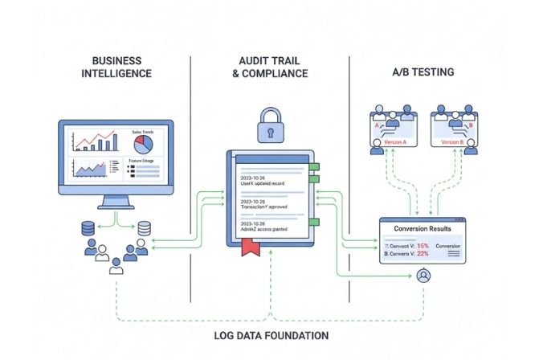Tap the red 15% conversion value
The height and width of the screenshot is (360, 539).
(x=423, y=244)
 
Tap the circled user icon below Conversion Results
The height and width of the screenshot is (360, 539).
(x=423, y=276)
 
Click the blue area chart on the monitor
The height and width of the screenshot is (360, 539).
(x=90, y=170)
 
